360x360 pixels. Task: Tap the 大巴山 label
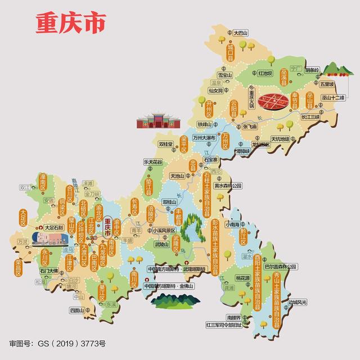click(x=241, y=33)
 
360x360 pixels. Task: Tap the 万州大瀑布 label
click(x=205, y=137)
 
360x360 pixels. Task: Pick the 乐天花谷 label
click(x=152, y=162)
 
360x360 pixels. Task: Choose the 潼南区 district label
click(x=41, y=183)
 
